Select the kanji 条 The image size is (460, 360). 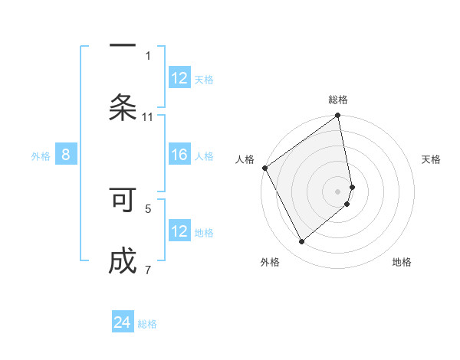123,107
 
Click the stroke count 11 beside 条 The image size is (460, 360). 148,116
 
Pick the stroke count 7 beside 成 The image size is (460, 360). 148,270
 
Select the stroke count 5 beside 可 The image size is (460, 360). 148,208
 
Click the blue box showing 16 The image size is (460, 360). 179,155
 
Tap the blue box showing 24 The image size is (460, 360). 123,323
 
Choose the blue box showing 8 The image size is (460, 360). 66,155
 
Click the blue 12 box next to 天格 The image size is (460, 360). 179,78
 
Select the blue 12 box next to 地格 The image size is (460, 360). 179,231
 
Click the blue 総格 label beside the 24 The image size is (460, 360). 147,324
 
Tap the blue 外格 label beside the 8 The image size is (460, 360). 41,156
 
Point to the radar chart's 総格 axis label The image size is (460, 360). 338,100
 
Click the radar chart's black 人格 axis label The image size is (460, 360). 245,159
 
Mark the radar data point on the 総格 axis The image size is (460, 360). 338,116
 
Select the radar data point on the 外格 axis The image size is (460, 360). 301,242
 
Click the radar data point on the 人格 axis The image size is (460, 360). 264,168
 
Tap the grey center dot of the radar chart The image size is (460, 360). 338,191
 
